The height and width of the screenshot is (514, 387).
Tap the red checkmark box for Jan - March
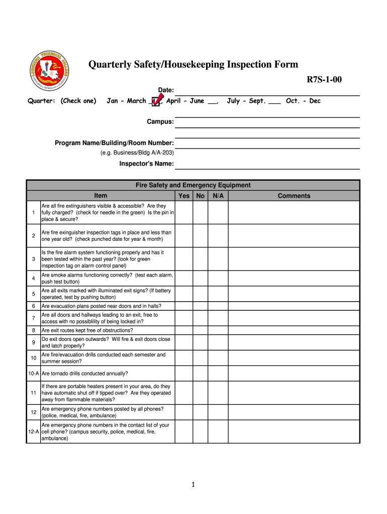[x=156, y=101]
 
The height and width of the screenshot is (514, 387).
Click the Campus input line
[x=267, y=122]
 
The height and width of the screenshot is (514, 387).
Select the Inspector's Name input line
[x=267, y=164]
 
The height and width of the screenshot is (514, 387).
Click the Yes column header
[x=184, y=196]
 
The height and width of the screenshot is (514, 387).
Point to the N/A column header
[x=218, y=196]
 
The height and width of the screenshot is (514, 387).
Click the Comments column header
[x=294, y=196]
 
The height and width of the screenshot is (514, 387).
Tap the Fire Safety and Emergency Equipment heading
[x=193, y=185]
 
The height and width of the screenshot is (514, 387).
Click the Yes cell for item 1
[x=184, y=213]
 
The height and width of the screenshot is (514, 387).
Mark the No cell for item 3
[x=201, y=259]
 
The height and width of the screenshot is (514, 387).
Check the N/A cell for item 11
[x=218, y=393]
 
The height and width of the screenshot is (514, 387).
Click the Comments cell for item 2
[x=294, y=236]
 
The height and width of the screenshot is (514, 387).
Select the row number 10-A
[x=33, y=373]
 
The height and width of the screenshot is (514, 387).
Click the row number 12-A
[x=33, y=432]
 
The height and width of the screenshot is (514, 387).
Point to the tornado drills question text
[x=84, y=373]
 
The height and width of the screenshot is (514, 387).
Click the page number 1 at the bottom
[x=193, y=484]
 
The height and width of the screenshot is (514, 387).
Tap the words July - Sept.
[x=247, y=101]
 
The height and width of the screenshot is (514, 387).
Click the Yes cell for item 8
[x=184, y=330]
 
